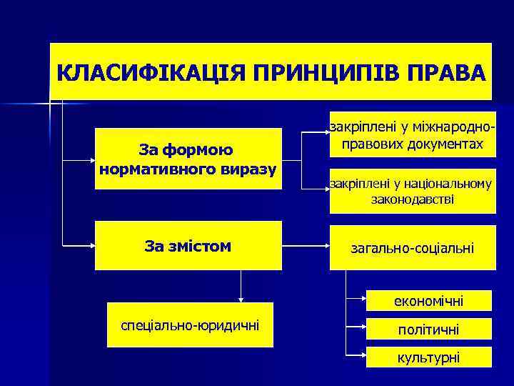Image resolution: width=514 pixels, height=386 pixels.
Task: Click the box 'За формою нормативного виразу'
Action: (x=188, y=159)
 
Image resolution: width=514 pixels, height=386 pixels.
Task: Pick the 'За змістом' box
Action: (x=188, y=246)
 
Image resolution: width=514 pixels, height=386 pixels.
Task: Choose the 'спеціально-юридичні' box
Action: (x=191, y=326)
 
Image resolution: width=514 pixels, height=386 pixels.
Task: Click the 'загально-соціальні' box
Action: (x=413, y=248)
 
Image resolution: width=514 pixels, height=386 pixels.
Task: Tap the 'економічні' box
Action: (x=430, y=302)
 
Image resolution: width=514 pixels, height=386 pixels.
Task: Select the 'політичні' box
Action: (x=430, y=330)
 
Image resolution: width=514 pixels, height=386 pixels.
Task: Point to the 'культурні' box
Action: (x=430, y=357)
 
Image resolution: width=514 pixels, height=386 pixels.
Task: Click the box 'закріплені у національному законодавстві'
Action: (x=413, y=191)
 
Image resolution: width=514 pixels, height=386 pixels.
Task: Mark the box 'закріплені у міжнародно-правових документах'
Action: (x=413, y=136)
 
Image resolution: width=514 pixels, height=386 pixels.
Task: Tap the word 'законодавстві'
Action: (x=413, y=199)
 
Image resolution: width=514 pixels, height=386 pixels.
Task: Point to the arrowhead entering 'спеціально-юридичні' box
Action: (x=243, y=300)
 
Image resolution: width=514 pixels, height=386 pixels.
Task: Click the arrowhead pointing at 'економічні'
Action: (x=363, y=297)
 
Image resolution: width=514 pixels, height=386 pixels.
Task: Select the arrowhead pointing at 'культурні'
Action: (x=363, y=354)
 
